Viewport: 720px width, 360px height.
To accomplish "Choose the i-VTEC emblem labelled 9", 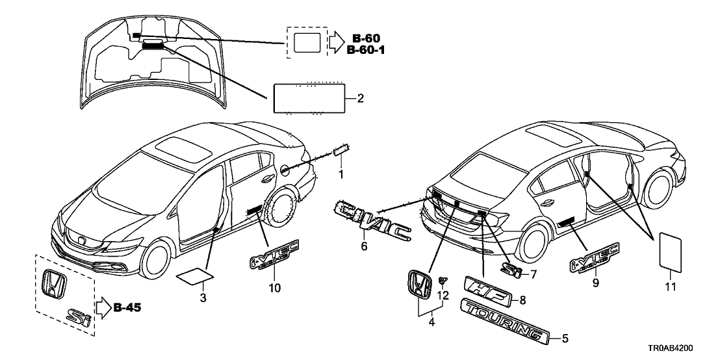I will [595, 256].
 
